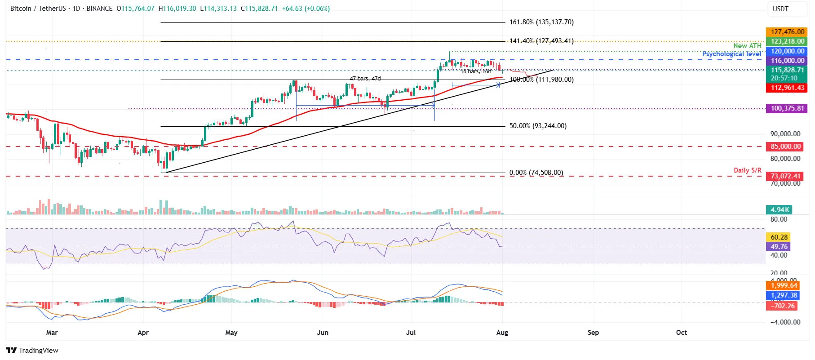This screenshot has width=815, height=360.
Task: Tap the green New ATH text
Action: (x=747, y=46)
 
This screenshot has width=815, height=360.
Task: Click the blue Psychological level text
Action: (x=731, y=54)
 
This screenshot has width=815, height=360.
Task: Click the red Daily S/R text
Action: (x=747, y=170)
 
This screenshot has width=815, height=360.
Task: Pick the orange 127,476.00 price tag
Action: (x=787, y=32)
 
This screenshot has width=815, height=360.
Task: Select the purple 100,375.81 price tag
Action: (x=787, y=108)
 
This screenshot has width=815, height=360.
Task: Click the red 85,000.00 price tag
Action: (x=785, y=147)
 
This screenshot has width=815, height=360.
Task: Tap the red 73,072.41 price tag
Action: (x=785, y=176)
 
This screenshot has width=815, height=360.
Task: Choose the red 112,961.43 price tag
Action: (x=787, y=88)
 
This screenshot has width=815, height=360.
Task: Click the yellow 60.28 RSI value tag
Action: (x=779, y=237)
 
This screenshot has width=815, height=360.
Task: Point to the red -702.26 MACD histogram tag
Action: (x=783, y=306)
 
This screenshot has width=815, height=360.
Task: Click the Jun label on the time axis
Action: (x=323, y=333)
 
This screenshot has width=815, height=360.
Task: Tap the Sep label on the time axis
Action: (x=593, y=333)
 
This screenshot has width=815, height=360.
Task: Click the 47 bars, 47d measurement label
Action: (x=365, y=79)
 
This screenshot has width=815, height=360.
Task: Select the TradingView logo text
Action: (x=38, y=351)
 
